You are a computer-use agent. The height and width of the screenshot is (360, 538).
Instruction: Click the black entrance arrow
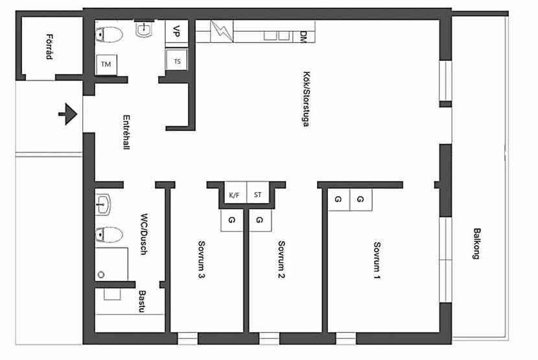pyautogui.click(x=68, y=114)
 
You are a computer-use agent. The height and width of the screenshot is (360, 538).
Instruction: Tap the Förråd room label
pyautogui.click(x=49, y=47)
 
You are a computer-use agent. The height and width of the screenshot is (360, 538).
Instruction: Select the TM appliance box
pyautogui.click(x=106, y=64)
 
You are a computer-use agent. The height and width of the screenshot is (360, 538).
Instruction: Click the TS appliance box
pyautogui.click(x=177, y=61)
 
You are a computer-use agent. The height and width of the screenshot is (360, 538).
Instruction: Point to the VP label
pyautogui.click(x=176, y=31)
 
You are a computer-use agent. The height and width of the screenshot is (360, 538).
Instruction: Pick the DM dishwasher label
pyautogui.click(x=303, y=37)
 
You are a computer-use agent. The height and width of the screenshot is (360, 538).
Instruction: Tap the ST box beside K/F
pyautogui.click(x=258, y=195)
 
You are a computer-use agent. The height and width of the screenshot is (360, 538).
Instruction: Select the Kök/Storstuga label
pyautogui.click(x=306, y=99)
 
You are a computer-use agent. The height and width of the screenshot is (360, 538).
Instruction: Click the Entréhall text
pyautogui.click(x=126, y=132)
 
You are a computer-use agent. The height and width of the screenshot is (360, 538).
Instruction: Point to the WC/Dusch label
pyautogui.click(x=144, y=234)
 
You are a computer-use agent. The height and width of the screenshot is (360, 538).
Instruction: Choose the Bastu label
pyautogui.click(x=142, y=302)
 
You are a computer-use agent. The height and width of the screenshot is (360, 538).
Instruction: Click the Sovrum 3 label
pyautogui.click(x=202, y=259)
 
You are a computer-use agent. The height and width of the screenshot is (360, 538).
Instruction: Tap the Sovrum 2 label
pyautogui.click(x=281, y=259)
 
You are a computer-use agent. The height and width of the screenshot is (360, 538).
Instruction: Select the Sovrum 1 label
pyautogui.click(x=377, y=261)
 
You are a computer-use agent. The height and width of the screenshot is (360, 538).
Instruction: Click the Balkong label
pyautogui.click(x=476, y=243)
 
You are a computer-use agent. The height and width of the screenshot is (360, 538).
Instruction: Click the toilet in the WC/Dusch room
pyautogui.click(x=109, y=235)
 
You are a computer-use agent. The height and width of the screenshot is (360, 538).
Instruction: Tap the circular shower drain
pyautogui.click(x=101, y=274)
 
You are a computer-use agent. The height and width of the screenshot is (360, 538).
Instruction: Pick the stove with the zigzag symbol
pyautogui.click(x=222, y=31)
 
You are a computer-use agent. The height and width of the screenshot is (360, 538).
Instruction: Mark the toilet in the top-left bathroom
pyautogui.click(x=109, y=34)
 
